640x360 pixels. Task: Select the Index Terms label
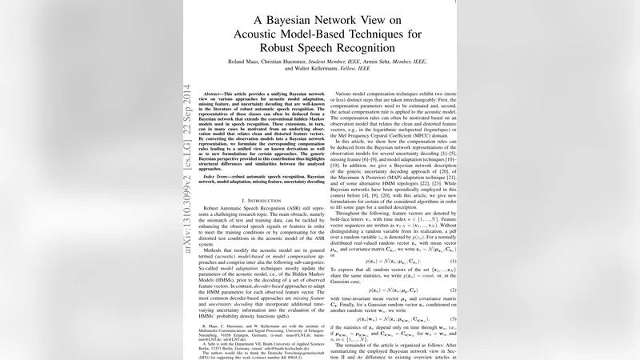[x=218, y=196]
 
